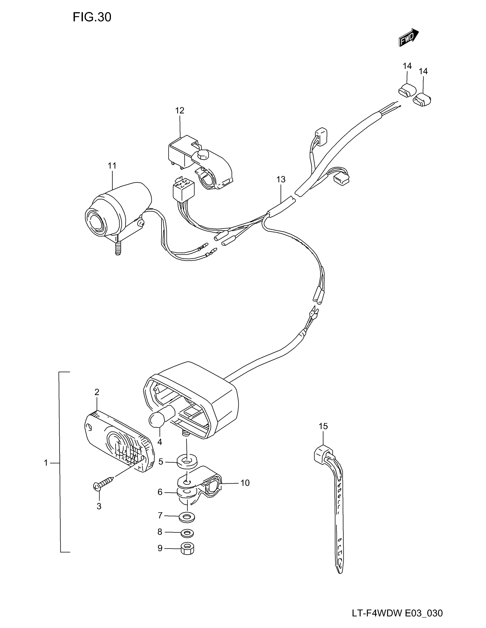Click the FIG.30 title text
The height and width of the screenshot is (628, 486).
tap(92, 17)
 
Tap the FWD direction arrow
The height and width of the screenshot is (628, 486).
tap(409, 37)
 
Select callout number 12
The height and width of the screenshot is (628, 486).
tap(180, 110)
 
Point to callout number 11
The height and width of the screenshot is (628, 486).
tap(112, 166)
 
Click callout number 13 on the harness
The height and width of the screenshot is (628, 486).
tap(281, 180)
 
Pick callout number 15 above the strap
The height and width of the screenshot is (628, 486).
tap(323, 426)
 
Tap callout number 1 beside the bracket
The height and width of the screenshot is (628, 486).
tap(46, 463)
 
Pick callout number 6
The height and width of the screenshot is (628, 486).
tap(160, 492)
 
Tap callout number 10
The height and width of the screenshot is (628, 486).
tap(245, 483)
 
